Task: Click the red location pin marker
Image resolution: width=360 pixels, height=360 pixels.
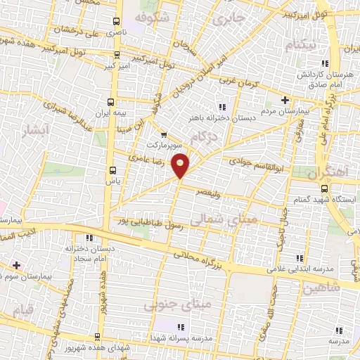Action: click(181, 165)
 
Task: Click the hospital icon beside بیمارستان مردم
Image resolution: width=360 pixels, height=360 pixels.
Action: click(285, 99)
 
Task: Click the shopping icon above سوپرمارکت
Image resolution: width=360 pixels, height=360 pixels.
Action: click(163, 134)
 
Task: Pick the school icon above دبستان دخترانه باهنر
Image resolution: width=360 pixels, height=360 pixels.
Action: click(222, 107)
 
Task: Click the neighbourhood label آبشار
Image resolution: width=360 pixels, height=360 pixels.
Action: click(32, 130)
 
